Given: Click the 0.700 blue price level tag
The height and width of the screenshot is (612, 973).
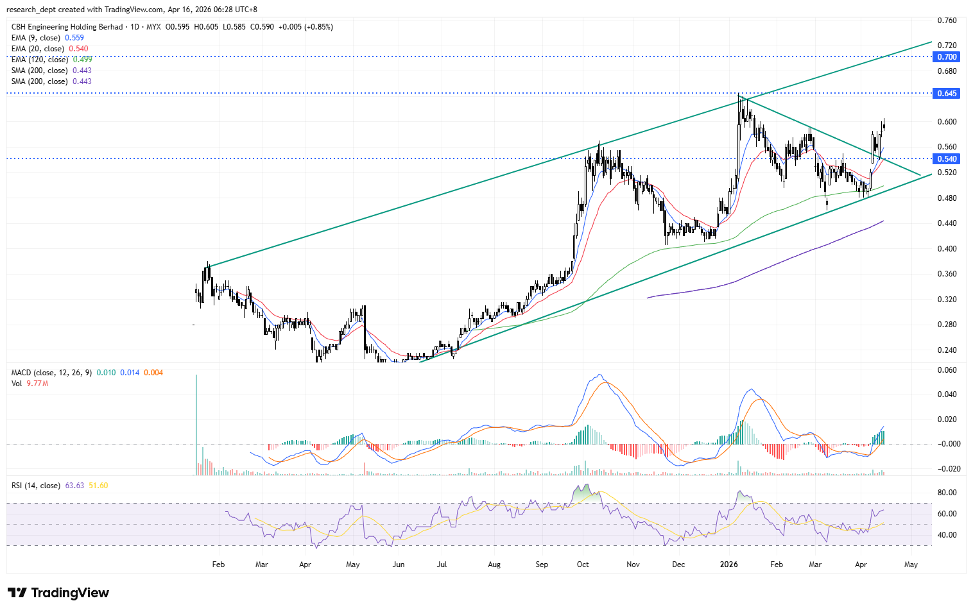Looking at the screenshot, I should (947, 57).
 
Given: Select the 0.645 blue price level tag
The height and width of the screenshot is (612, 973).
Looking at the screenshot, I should (947, 94).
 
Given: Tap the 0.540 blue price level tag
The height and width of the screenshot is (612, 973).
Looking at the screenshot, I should (947, 159).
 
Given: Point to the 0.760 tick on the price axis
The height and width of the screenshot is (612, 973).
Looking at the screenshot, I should (947, 21).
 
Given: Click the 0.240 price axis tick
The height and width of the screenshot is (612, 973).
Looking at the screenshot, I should (947, 350).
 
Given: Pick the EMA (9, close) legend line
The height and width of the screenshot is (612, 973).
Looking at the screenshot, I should (47, 38).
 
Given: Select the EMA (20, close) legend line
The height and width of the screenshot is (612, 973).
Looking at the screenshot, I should (49, 49).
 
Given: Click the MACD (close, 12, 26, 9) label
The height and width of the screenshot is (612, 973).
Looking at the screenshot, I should (52, 373).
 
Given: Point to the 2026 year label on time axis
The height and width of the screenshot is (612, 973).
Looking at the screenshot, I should (728, 565).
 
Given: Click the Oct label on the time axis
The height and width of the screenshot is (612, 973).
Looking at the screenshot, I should (583, 565).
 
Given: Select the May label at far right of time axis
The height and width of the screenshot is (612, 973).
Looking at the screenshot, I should (911, 565).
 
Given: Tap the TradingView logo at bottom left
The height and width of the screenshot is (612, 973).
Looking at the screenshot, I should (58, 593).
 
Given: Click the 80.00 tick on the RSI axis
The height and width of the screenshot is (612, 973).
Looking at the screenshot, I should (947, 493).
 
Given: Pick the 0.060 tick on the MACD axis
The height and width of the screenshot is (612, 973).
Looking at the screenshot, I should (947, 370).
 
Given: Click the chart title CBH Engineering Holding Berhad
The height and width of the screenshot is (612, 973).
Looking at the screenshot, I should (67, 27).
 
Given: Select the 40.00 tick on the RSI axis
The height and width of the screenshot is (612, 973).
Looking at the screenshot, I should (947, 535).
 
